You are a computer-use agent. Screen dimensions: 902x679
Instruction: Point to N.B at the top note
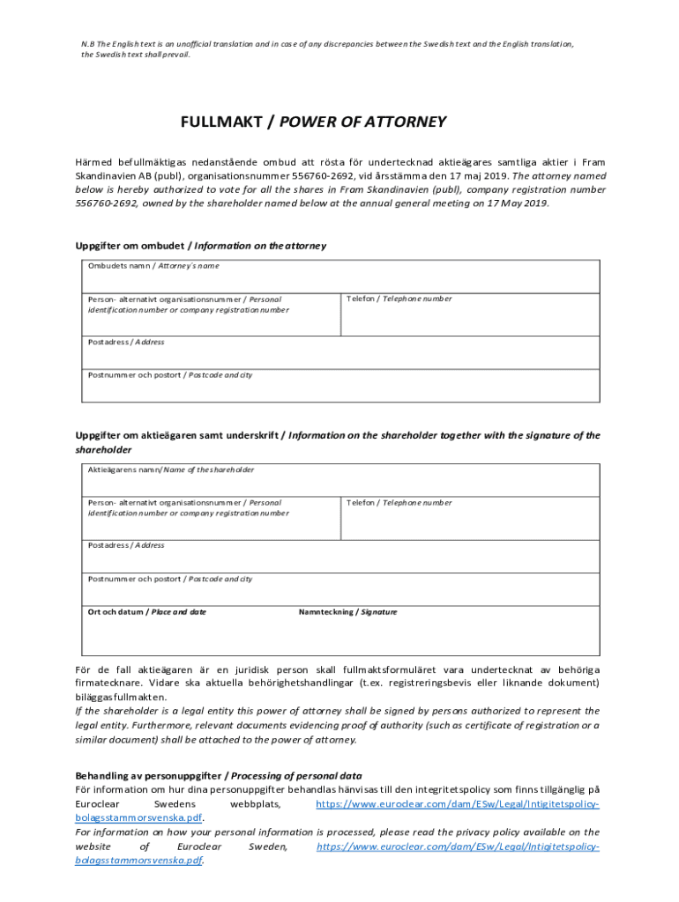pos(88,43)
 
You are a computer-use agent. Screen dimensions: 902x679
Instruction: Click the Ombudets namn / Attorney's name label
pos(153,265)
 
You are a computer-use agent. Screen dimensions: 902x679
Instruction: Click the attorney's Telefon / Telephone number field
pos(471,317)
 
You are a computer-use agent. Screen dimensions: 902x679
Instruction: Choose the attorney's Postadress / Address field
pos(341,355)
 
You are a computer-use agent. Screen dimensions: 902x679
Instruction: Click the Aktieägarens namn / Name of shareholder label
pos(171,469)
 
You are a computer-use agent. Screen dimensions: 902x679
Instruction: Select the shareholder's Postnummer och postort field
pos(341,592)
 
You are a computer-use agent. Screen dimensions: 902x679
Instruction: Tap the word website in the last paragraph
pos(96,846)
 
